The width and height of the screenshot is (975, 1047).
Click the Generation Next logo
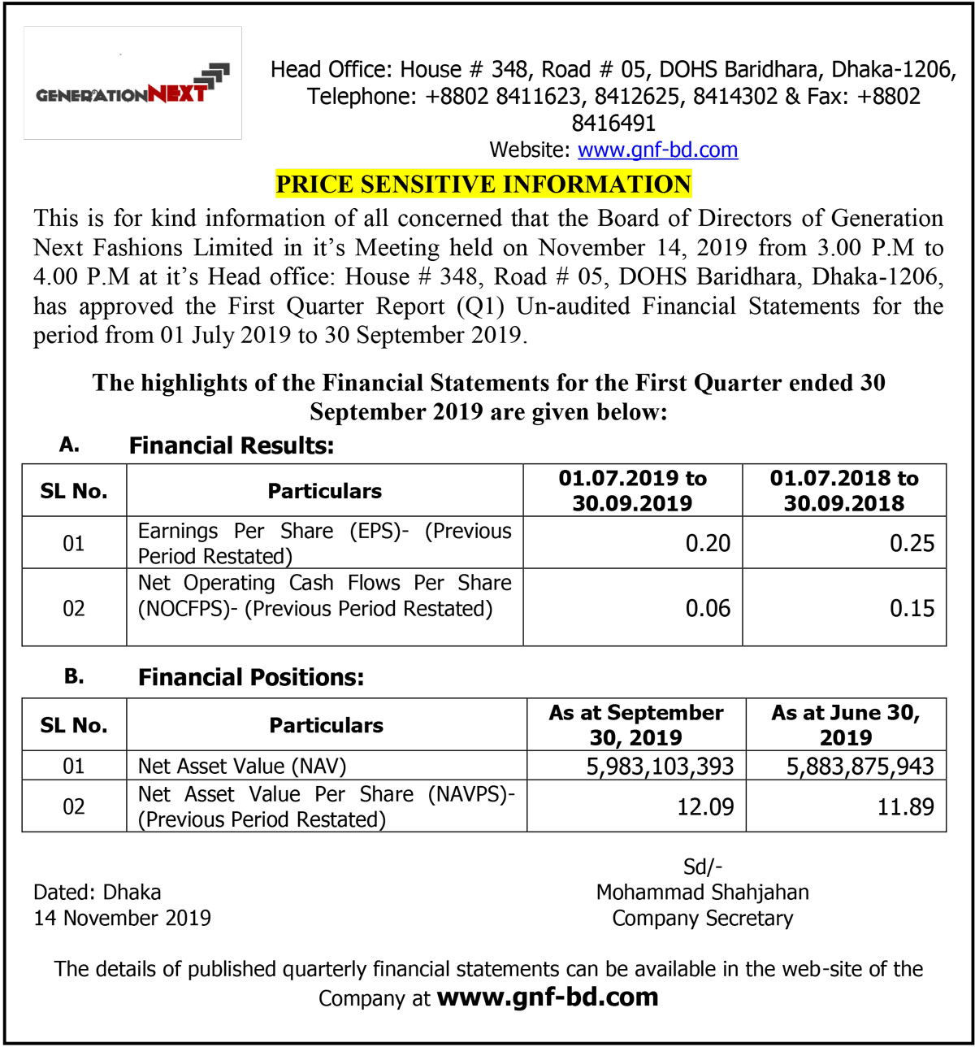[x=132, y=85]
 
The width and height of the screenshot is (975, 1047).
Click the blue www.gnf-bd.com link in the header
[x=657, y=150]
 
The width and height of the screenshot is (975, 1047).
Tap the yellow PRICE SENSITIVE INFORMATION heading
[x=483, y=184]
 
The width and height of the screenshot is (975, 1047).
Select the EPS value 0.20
[x=708, y=543]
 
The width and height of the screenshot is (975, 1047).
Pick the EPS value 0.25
[x=912, y=543]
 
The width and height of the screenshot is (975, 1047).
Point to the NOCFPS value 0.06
[x=708, y=608]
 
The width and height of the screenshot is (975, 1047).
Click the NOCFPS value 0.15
[x=912, y=608]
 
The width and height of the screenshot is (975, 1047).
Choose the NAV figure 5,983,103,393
[x=660, y=766]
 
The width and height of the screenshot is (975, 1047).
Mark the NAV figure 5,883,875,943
[x=860, y=766]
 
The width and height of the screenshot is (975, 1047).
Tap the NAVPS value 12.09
[x=705, y=807]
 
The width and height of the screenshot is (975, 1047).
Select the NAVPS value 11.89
[x=905, y=807]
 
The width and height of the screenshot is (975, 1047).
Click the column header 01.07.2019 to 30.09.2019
[x=632, y=490]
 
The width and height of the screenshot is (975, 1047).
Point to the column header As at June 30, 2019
[x=846, y=725]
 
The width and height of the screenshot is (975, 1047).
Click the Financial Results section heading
[x=232, y=445]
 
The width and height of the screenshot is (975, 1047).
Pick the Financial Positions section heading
[x=251, y=677]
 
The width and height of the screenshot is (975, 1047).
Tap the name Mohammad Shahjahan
[x=702, y=892]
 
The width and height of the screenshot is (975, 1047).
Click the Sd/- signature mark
[x=702, y=867]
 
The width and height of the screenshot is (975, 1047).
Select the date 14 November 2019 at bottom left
[x=122, y=919]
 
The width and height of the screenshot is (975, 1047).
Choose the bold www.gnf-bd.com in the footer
[x=547, y=997]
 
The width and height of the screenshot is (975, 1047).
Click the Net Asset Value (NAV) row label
[x=242, y=766]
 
